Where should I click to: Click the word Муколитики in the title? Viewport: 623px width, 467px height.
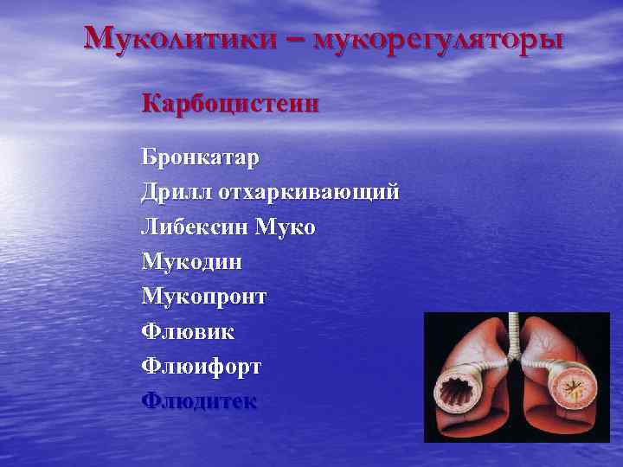185,39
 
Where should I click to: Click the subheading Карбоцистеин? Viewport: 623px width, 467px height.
231,105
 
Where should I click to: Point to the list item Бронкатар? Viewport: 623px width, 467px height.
201,159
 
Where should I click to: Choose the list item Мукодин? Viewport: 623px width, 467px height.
192,261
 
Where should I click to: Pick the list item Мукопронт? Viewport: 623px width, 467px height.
204,297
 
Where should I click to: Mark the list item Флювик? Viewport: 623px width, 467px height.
188,331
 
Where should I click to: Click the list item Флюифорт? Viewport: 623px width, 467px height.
202,366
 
